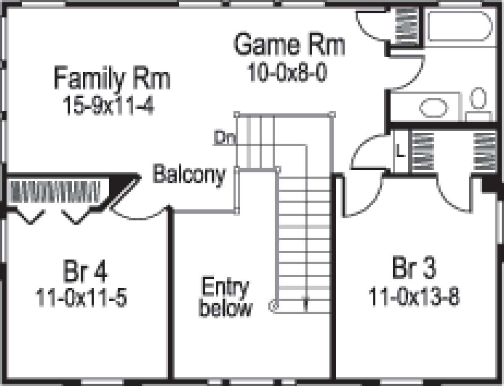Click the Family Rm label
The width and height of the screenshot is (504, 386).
(x=112, y=79)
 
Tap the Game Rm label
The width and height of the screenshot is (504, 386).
(x=289, y=45)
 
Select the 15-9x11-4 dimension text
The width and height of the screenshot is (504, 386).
(x=109, y=105)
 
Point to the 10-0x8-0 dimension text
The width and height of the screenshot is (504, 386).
(x=287, y=74)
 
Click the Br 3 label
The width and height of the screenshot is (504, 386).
(x=414, y=268)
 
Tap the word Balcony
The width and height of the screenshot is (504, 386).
(x=189, y=174)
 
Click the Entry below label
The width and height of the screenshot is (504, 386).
(x=225, y=298)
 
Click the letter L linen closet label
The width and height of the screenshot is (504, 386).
(x=400, y=152)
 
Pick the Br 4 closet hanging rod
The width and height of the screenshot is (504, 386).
(x=55, y=191)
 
